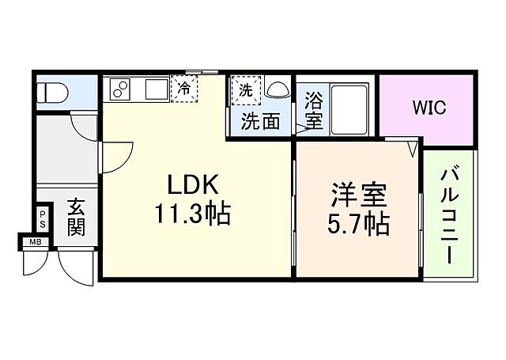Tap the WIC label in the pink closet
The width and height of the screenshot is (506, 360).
428,107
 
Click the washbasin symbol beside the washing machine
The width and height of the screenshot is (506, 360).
278,89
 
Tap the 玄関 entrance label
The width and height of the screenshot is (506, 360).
75,218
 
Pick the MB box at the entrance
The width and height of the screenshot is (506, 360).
35,242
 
